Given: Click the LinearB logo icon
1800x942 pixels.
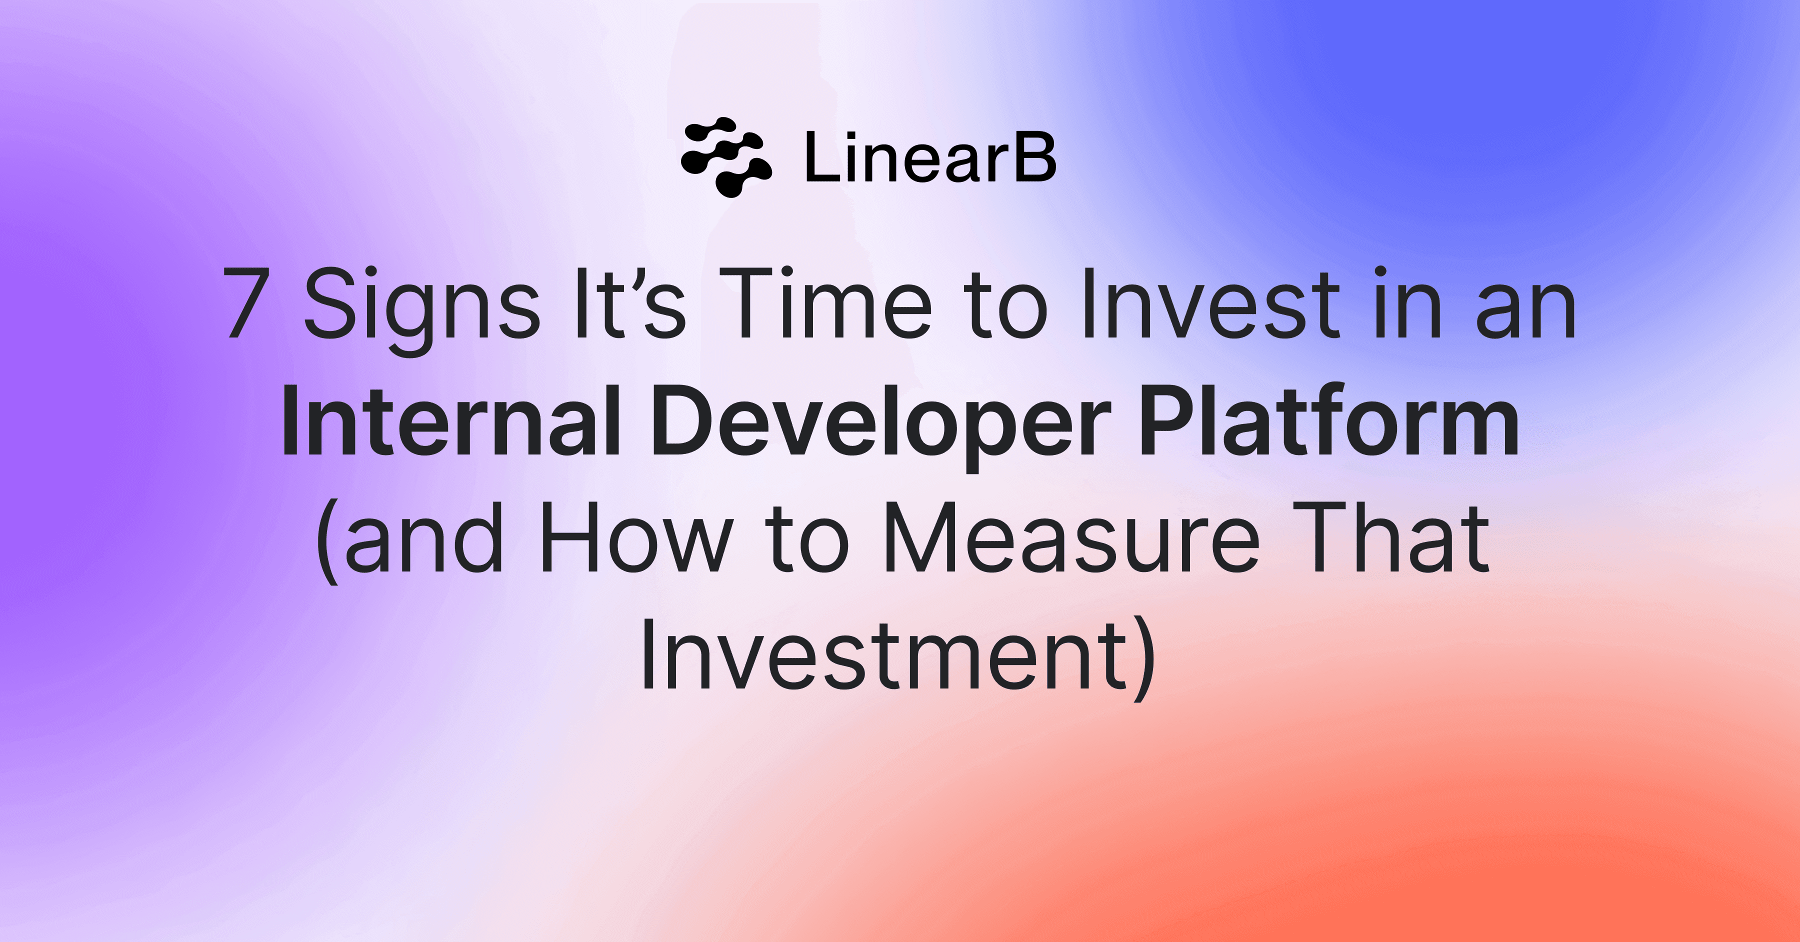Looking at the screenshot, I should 726,157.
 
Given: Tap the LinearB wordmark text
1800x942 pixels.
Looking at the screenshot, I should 930,158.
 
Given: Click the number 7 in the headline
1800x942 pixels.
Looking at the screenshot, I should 246,304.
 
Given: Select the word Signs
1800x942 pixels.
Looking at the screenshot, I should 422,307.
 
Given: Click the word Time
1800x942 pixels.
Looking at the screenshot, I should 825,304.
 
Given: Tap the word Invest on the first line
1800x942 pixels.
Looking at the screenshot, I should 1209,304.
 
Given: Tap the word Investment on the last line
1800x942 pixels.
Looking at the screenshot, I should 884,657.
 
